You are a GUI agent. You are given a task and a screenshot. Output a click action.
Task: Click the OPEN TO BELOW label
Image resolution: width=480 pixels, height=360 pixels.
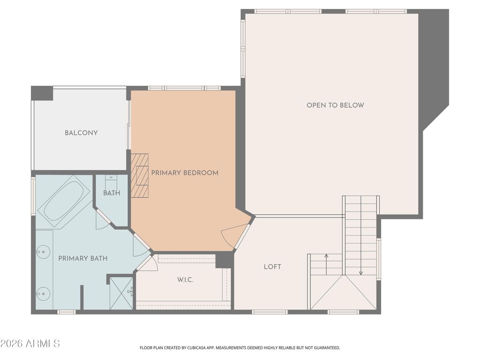coord(335,105)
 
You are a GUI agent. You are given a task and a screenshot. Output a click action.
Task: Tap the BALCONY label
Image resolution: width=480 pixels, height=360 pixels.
coord(81,133)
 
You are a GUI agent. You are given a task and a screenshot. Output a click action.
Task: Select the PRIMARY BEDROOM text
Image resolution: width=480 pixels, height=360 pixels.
coord(185,173)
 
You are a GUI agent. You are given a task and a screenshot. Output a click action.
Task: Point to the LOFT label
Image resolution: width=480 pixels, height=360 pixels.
coord(272,267)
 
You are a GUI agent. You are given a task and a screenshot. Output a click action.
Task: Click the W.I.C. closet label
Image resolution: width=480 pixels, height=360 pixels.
coord(185,280)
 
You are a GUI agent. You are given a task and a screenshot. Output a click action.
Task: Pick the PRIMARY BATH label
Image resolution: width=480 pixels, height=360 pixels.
coord(83,258)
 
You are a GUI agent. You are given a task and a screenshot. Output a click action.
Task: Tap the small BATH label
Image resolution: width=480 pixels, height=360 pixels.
coord(112,193)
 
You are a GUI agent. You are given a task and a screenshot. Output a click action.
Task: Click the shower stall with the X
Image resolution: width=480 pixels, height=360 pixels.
coord(121,292)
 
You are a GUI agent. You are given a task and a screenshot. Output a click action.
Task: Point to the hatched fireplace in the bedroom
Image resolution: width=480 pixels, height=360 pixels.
coord(140,176)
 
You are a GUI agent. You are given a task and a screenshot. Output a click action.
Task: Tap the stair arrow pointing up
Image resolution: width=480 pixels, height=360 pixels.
coord(326,264)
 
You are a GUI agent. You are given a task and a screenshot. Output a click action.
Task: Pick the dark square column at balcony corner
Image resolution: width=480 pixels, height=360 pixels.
coord(42,93)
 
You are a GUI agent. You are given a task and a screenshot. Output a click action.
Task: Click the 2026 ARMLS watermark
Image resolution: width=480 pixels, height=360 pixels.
coord(30,344)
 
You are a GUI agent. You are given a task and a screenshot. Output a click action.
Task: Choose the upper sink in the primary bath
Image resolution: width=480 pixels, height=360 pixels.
coord(43,252)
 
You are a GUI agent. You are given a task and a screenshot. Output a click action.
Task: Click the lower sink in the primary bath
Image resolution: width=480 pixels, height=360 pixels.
coord(43,294)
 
